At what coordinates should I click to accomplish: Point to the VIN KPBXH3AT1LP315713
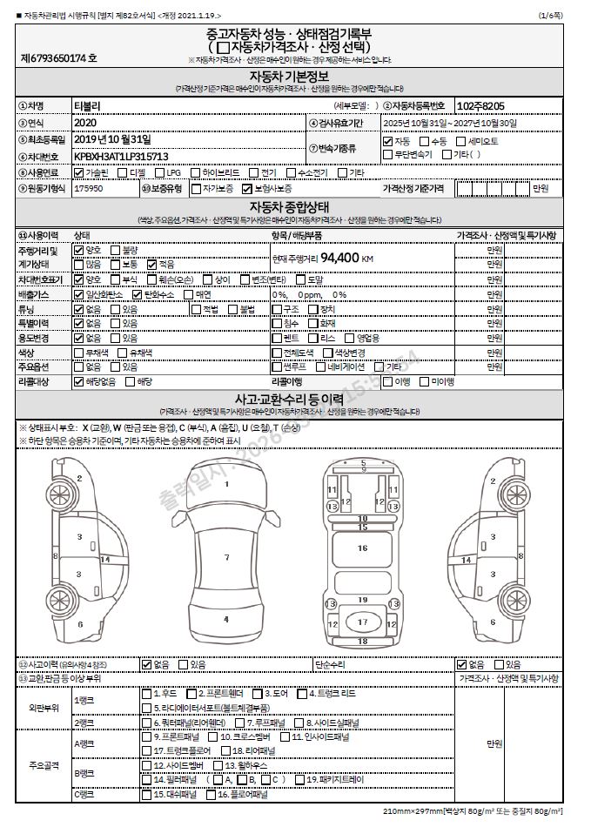121,155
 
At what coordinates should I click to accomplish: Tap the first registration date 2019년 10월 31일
112,139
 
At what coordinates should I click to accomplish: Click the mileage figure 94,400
340,258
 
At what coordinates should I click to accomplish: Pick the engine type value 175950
89,188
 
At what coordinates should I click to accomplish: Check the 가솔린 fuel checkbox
79,172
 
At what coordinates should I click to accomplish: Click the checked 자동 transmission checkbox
388,141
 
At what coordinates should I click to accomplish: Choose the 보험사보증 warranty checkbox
248,188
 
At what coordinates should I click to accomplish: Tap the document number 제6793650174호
59,58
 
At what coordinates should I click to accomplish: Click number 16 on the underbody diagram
363,548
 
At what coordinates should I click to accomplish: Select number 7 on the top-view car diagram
226,557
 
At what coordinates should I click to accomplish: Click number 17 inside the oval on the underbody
363,622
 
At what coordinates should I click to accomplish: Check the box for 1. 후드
146,693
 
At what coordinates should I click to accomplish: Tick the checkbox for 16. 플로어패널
210,795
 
